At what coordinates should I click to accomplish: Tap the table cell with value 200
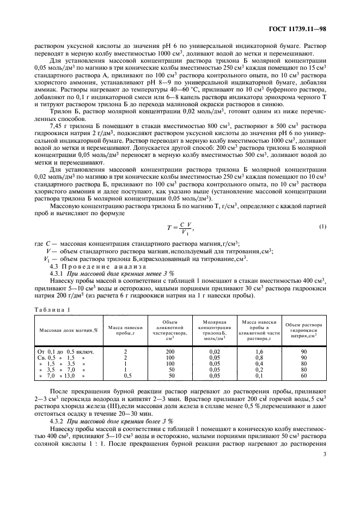[x=169, y=352]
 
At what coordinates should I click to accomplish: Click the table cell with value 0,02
[x=215, y=352]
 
